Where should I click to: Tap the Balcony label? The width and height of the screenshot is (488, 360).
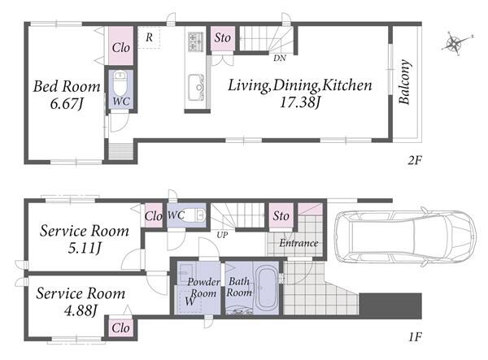point(404,82)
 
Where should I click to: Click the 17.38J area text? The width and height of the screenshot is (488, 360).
point(300,102)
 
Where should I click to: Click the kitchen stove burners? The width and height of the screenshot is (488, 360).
point(195,41)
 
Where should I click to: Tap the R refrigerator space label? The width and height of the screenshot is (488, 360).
point(149,37)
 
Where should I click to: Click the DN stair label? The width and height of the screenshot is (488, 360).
point(280,59)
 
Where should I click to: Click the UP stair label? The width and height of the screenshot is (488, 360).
point(222,235)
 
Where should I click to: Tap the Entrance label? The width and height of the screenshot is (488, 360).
point(298,243)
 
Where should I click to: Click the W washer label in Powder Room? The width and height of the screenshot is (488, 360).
point(190,301)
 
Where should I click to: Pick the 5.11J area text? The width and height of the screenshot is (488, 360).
point(85,249)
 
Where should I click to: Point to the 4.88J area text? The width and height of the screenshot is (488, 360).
point(81,310)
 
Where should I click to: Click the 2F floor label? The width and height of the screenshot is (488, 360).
point(415,160)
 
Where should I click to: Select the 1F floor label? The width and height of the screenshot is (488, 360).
point(415,336)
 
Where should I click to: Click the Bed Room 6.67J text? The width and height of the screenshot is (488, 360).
point(67,95)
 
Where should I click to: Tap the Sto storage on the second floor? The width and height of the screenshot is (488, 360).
point(223,38)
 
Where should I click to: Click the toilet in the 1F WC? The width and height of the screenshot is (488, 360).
point(195,215)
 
